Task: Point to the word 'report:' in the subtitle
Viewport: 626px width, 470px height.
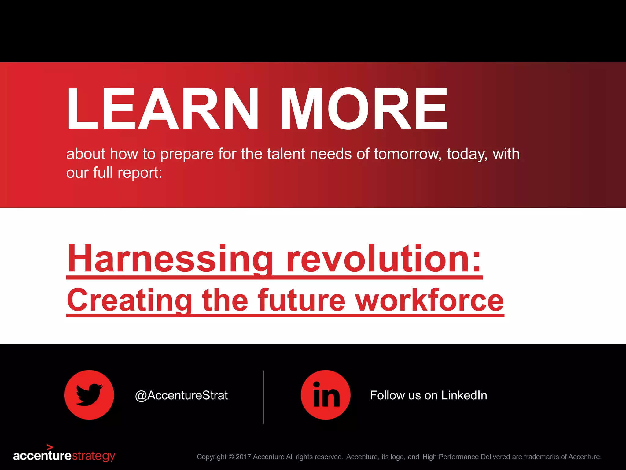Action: (x=140, y=173)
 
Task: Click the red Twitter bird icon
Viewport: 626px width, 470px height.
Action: (x=89, y=395)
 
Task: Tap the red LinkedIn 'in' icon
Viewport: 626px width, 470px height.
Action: (x=326, y=395)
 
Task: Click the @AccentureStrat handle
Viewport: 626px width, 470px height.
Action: (x=181, y=395)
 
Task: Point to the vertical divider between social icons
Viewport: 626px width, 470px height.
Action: (x=263, y=397)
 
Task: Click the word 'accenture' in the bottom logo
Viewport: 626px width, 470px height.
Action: (x=42, y=456)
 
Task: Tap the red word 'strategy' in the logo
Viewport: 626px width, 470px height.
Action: (x=94, y=456)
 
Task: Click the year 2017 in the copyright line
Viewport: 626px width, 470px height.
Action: (x=243, y=457)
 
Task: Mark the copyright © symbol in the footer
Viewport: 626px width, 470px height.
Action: (x=231, y=457)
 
